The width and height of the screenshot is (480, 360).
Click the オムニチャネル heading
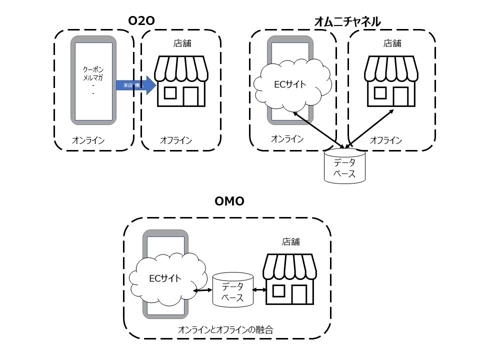pyautogui.click(x=347, y=21)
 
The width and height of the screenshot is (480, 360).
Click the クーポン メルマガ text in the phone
pyautogui.click(x=93, y=73)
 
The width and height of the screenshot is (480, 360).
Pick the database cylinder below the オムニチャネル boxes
pyautogui.click(x=344, y=165)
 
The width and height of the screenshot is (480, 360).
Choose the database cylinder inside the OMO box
pyautogui.click(x=232, y=290)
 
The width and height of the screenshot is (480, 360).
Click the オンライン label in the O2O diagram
pyautogui.click(x=88, y=140)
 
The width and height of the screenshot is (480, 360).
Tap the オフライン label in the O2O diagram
pyautogui.click(x=176, y=140)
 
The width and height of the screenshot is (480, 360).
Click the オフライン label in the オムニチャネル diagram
pyautogui.click(x=385, y=140)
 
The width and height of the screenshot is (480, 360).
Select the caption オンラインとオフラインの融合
pyautogui.click(x=226, y=330)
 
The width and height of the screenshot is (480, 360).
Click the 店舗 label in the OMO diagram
pyautogui.click(x=291, y=241)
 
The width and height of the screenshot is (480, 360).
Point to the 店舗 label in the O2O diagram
pyautogui.click(x=182, y=43)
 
